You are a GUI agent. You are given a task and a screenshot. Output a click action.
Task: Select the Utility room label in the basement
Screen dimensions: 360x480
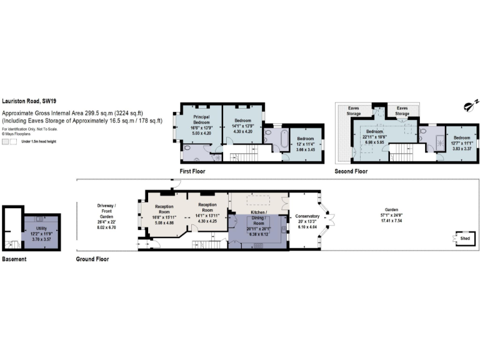pyautogui.click(x=41, y=232)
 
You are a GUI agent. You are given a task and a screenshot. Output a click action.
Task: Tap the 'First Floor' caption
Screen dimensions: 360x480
pyautogui.click(x=192, y=171)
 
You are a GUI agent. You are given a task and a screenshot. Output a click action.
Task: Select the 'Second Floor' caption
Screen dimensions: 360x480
pyautogui.click(x=352, y=171)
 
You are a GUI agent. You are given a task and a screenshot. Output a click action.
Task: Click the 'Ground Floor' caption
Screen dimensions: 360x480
pyautogui.click(x=92, y=258)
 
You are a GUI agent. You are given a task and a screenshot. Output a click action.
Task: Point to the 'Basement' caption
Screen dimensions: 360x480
pyautogui.click(x=14, y=258)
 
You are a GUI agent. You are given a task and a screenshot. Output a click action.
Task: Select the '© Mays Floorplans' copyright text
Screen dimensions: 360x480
pyautogui.click(x=17, y=133)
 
